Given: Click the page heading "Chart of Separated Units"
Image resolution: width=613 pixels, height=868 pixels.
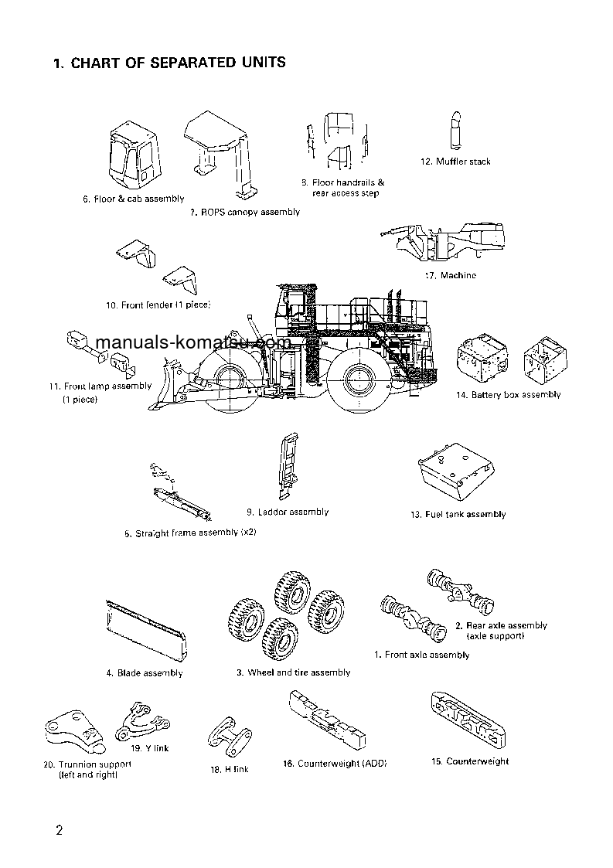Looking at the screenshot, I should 169,63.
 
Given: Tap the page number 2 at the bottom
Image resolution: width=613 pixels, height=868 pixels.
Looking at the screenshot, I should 59,831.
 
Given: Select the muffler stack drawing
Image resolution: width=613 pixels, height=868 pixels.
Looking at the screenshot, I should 455,130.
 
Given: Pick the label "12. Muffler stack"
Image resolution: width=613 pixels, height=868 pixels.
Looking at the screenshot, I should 455,162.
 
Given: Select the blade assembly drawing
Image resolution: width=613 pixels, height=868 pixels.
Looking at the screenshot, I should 146,631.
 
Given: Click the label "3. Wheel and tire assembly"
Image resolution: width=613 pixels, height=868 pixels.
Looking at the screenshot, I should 293,672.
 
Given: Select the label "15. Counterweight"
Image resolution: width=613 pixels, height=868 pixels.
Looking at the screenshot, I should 470,761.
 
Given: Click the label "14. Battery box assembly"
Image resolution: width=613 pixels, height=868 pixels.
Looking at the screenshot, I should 508,395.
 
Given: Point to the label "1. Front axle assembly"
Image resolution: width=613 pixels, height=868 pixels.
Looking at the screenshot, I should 421,655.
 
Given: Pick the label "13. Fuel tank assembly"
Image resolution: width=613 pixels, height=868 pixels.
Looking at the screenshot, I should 458,514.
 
